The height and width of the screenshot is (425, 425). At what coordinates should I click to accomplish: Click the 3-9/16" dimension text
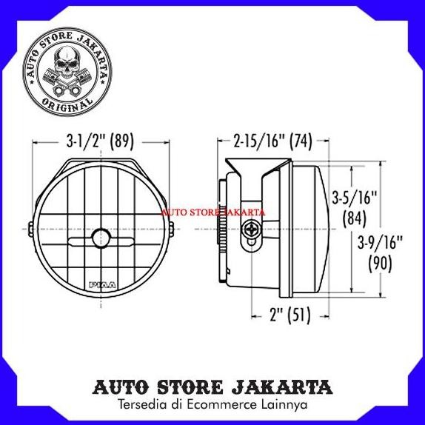click(379, 241)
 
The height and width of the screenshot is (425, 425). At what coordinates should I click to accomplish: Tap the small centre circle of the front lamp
click(100, 237)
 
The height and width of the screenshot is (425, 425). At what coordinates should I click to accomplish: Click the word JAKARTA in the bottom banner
click(284, 387)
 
